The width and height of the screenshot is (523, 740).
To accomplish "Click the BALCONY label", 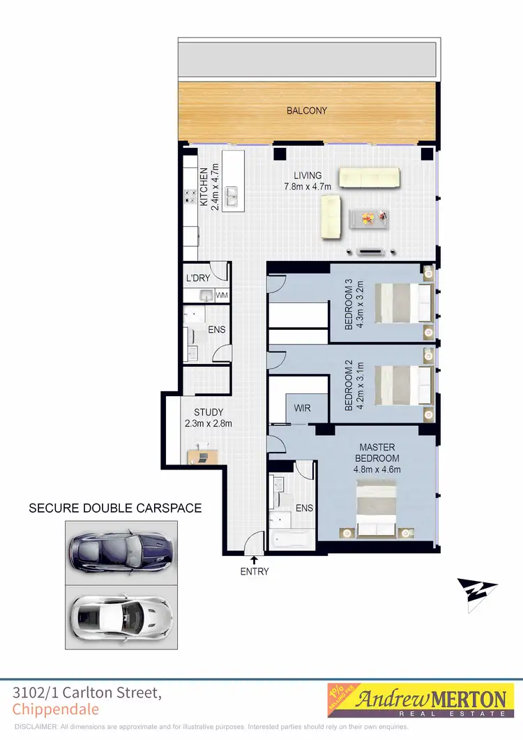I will tap(306, 111).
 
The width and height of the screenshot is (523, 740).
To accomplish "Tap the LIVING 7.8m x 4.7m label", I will tap(308, 181).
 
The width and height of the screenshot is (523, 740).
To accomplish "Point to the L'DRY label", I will tap(198, 278).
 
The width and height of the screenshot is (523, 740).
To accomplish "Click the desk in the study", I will tap(202, 456).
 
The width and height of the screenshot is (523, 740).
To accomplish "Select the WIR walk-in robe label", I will tap(303, 407).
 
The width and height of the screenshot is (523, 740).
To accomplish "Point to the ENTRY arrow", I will tap(254, 559).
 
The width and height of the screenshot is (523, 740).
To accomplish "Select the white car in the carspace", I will tap(120, 614).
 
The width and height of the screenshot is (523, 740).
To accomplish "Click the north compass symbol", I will tap(478, 593).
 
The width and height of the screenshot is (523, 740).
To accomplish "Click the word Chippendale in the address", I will tap(56, 710).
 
